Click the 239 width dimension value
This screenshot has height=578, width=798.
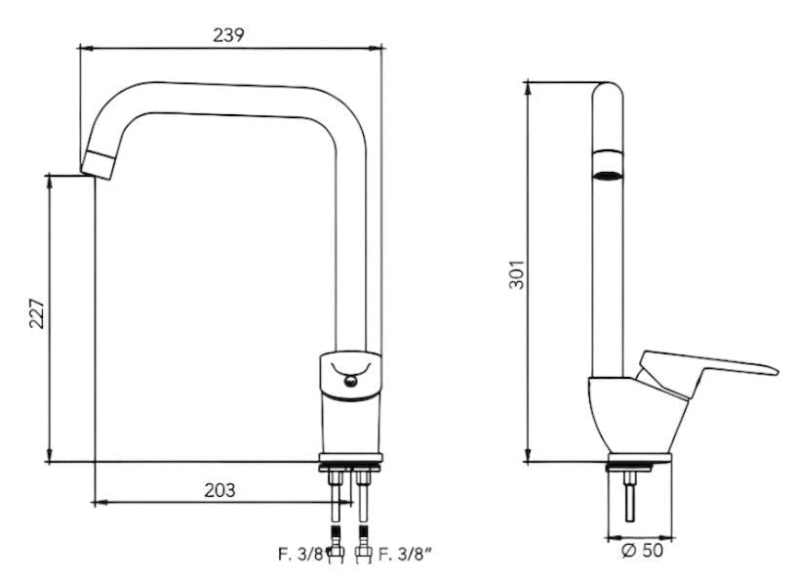228,35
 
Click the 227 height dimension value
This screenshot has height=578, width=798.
37,313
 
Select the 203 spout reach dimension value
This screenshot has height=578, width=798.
219,490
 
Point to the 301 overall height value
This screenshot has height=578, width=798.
517,274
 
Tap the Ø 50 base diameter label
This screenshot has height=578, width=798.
642,550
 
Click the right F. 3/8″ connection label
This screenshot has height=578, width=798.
407,554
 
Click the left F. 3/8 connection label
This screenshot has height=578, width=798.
300,554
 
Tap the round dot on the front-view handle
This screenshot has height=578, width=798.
350,381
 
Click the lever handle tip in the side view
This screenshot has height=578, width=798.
775,371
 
